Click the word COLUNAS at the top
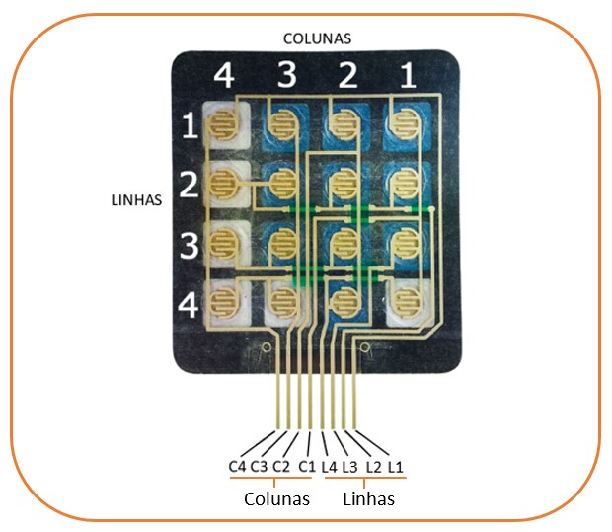point(317,38)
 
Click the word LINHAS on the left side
point(135,198)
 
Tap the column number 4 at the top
point(224,77)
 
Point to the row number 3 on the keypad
point(189,242)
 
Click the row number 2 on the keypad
point(189,184)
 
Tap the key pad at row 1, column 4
point(225,125)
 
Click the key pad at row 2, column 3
point(283,184)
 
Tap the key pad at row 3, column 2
point(343,241)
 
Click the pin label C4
point(238,466)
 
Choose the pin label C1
point(307,466)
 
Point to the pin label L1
point(395,466)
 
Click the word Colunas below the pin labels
point(276,498)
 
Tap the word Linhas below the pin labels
point(368,498)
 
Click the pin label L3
point(349,466)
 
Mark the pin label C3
point(259,466)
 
